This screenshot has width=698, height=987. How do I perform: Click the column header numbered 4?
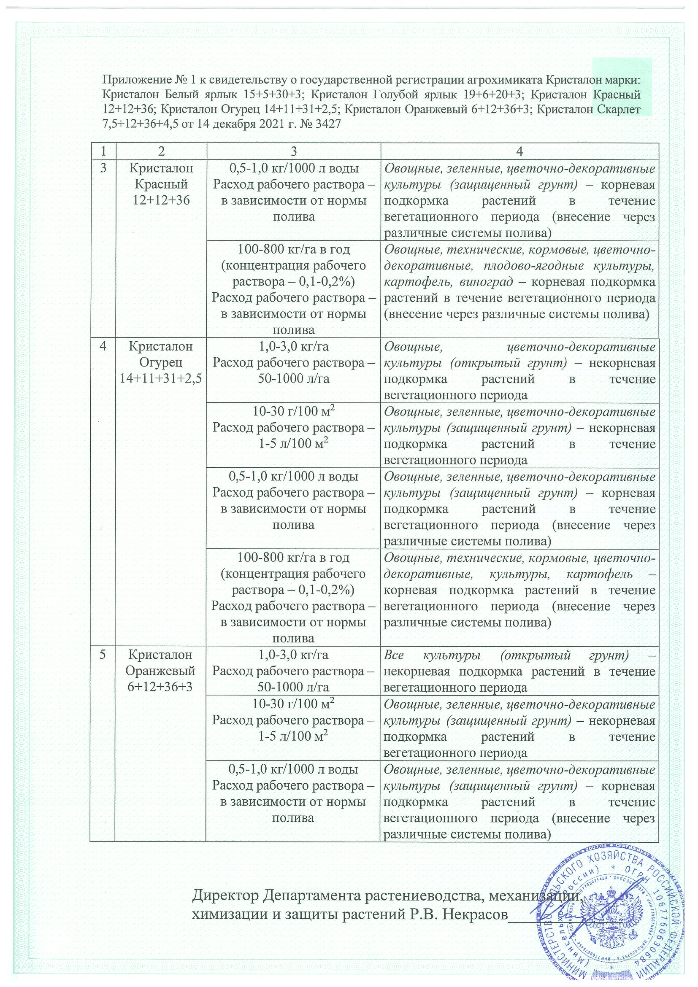pos(519,151)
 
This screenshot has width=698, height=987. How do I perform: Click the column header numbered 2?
pos(161,151)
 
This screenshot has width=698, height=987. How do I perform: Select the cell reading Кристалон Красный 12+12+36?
pos(161,184)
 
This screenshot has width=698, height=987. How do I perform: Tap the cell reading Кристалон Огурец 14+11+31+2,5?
pos(161,362)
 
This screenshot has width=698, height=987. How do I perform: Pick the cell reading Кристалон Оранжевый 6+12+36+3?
pos(161,671)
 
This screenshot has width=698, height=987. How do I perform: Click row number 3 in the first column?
pos(103,168)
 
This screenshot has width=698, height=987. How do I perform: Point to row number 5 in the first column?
pos(103,655)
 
